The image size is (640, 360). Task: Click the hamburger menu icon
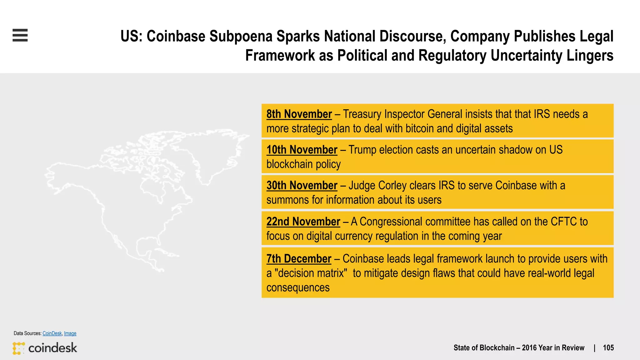click(x=20, y=35)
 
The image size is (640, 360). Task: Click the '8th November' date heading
click(x=299, y=114)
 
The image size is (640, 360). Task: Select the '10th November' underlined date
click(x=302, y=150)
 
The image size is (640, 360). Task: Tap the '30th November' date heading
click(x=302, y=185)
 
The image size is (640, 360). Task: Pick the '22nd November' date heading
click(x=303, y=222)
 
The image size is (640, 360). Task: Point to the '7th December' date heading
click(x=299, y=259)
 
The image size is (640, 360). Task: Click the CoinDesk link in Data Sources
click(x=52, y=333)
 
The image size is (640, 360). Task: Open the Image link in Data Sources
click(x=70, y=333)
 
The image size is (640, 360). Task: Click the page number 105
click(x=608, y=348)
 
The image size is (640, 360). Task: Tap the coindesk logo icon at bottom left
click(x=18, y=348)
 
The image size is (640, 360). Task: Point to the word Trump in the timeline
click(x=362, y=150)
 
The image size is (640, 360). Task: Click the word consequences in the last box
click(x=298, y=287)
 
